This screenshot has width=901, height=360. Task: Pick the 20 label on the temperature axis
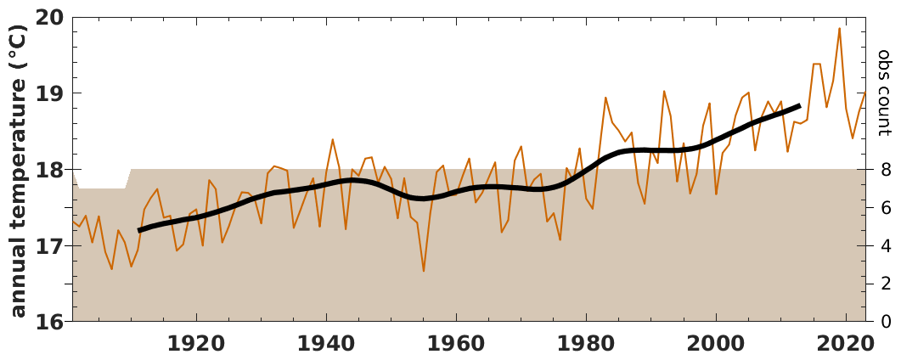[52, 18]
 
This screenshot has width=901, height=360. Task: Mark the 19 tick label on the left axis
[52, 93]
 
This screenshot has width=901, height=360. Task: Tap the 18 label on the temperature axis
[52, 170]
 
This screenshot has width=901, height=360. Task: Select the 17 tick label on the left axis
[52, 246]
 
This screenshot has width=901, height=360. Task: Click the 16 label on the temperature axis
[52, 322]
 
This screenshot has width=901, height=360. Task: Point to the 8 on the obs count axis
[884, 170]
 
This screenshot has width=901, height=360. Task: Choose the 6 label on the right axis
[884, 208]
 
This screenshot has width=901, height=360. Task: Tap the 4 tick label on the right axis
[884, 246]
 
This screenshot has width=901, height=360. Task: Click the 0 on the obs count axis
[884, 322]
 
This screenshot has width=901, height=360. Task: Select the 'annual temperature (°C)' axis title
[19, 170]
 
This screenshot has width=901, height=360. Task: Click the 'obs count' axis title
[885, 93]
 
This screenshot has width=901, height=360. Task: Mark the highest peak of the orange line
[839, 28]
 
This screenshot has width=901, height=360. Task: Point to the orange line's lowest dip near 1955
[424, 271]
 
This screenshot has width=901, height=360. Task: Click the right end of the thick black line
[800, 106]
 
